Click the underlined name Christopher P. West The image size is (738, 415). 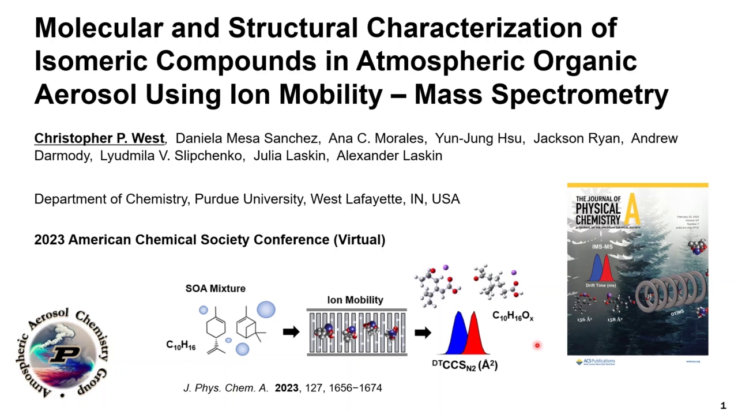point(99,138)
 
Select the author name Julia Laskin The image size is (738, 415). point(287,156)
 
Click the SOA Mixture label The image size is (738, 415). point(215,288)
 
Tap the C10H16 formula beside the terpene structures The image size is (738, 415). point(181,345)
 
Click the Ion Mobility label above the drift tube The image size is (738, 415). point(355,300)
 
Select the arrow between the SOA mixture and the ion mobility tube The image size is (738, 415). point(291,332)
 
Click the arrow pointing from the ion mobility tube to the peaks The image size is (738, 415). point(423,333)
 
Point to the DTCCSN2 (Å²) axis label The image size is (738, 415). point(465,365)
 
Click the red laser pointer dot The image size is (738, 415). point(537,345)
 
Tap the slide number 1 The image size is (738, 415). point(723,405)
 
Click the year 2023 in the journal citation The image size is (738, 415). point(287,388)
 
